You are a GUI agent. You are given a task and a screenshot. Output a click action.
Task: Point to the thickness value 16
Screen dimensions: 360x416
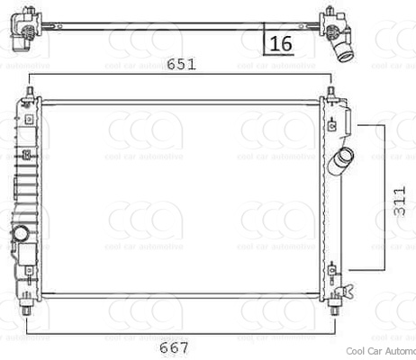pos(280,42)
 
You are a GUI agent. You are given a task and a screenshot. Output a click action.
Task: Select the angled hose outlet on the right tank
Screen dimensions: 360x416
pos(341,164)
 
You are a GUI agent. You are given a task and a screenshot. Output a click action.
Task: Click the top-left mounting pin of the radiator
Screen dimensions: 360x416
pos(32,94)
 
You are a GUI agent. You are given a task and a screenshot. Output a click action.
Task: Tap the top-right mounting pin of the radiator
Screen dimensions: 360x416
pos(331,94)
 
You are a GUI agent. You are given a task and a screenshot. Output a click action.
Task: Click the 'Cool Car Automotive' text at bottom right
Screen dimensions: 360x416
pos(379,353)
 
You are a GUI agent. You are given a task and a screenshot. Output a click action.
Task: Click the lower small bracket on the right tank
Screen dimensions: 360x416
pos(336,269)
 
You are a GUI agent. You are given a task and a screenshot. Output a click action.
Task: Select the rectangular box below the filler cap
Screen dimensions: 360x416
pos(25,256)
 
